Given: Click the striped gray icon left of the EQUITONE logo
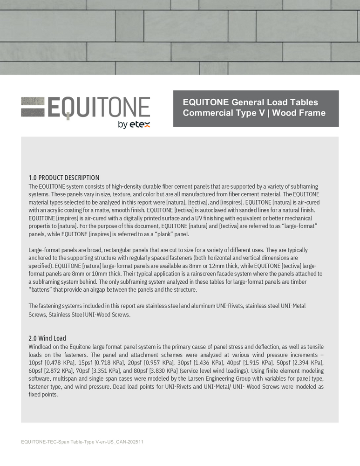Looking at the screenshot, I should [33, 106].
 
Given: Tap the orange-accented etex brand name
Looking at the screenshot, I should [140, 124].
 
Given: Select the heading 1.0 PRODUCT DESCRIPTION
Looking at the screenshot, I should [64, 178].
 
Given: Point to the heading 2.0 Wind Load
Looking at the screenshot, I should [47, 338].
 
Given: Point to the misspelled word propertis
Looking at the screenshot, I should [43, 226].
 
